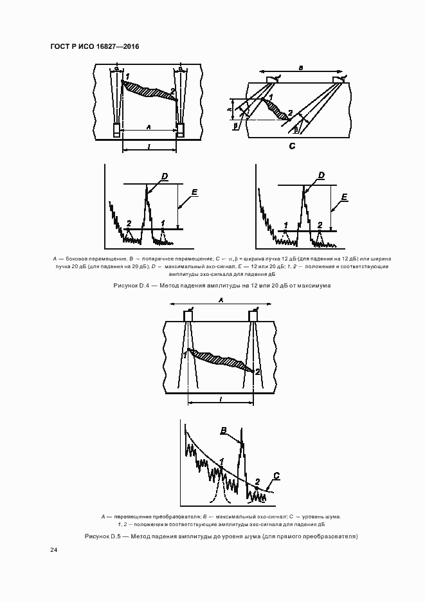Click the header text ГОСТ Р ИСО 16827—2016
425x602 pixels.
94,47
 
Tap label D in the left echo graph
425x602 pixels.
165,176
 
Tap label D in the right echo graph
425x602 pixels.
321,175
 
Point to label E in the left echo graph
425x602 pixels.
194,192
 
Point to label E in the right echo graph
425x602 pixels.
345,196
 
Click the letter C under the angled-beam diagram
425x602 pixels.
291,147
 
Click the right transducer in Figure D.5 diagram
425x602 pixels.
253,316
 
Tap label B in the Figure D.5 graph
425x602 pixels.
223,430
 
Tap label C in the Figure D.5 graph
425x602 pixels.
276,475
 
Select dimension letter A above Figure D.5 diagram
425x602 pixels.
221,299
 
